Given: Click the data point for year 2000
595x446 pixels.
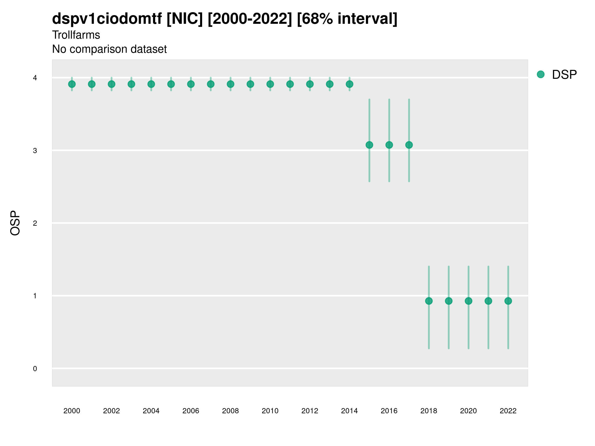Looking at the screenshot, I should (x=72, y=84).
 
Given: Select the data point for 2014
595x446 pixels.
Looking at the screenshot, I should (x=349, y=84).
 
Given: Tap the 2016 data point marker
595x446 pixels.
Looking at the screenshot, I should (x=389, y=145).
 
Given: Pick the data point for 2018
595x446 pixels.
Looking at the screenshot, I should (x=429, y=301).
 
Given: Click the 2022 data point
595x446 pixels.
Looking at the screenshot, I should (x=508, y=301).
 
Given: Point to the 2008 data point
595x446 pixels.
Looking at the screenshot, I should (x=231, y=84).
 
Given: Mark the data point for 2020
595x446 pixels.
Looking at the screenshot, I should (x=469, y=301).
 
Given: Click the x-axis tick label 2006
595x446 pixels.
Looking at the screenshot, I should (x=191, y=411).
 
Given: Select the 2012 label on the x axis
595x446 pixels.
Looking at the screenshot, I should (x=310, y=411).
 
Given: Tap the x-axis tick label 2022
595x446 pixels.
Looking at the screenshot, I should (x=508, y=411).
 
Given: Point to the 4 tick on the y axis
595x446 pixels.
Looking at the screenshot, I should (x=35, y=78).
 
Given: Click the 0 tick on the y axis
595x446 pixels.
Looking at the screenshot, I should (x=35, y=369).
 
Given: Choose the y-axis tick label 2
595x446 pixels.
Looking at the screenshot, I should (x=35, y=223).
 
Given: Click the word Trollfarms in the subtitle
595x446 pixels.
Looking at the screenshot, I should (x=76, y=35).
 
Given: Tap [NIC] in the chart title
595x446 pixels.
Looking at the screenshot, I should (x=184, y=19).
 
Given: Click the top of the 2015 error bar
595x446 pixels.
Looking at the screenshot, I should (x=369, y=99).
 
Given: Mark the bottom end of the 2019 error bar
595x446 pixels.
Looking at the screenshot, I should (x=449, y=348).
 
